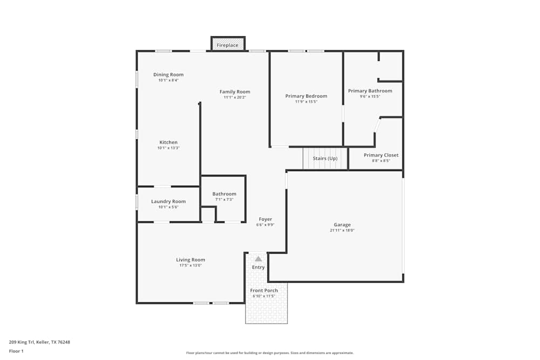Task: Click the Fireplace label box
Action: click(227, 45)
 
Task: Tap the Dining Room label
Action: click(168, 74)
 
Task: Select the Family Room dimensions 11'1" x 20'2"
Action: click(235, 97)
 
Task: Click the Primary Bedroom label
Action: click(306, 96)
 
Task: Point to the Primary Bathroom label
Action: click(370, 91)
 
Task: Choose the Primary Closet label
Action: click(381, 155)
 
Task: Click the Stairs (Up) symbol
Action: click(325, 158)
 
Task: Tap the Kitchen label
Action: click(168, 142)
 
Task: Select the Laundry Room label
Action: click(168, 201)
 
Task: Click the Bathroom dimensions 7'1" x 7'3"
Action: click(224, 199)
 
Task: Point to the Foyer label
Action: click(265, 219)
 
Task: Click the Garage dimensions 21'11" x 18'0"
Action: click(342, 230)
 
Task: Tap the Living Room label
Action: click(191, 260)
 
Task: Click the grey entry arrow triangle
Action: click(258, 259)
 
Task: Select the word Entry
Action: click(258, 267)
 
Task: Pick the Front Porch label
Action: click(264, 290)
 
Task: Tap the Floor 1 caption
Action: click(16, 351)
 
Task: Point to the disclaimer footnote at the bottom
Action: click(270, 353)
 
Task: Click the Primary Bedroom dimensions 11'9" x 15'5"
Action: click(306, 101)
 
